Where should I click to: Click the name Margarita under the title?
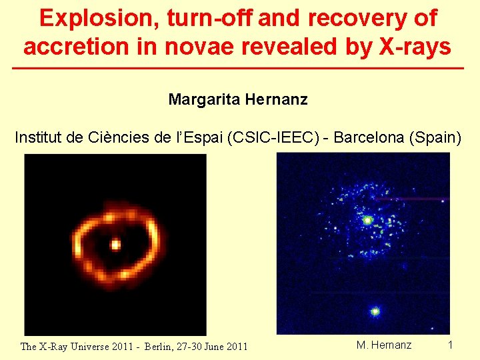pyautogui.click(x=204, y=100)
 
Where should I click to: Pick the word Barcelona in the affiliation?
pyautogui.click(x=370, y=138)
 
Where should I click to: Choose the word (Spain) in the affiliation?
pyautogui.click(x=438, y=138)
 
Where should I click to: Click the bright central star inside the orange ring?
pyautogui.click(x=115, y=245)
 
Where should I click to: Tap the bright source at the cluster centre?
pyautogui.click(x=367, y=219)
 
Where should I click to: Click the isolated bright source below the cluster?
pyautogui.click(x=375, y=311)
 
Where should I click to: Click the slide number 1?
pyautogui.click(x=450, y=345)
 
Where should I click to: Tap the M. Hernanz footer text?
pyautogui.click(x=384, y=345)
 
